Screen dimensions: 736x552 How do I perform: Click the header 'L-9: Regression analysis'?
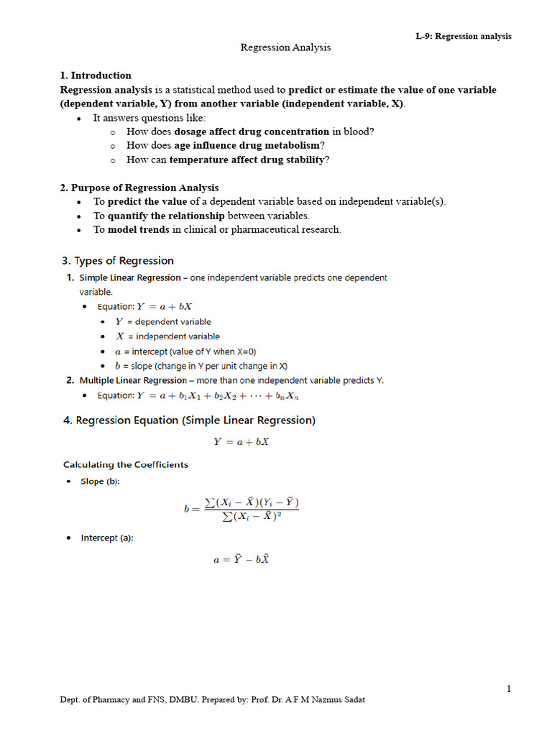coord(464,37)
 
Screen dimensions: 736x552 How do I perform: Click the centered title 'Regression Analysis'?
coord(285,47)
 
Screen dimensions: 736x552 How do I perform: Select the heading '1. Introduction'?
coord(96,75)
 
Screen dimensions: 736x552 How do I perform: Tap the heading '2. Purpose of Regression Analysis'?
coord(139,188)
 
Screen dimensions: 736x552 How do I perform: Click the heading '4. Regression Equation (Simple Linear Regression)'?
coord(189,420)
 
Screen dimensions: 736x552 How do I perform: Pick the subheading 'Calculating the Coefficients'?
coord(126,465)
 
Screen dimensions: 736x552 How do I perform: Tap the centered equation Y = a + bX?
coord(241,442)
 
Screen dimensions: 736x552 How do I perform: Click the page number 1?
coord(509,689)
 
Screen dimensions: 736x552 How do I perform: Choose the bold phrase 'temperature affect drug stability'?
coord(247,160)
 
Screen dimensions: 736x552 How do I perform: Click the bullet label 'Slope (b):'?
coord(100,482)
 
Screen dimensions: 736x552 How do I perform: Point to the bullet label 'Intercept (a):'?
coord(106,538)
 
